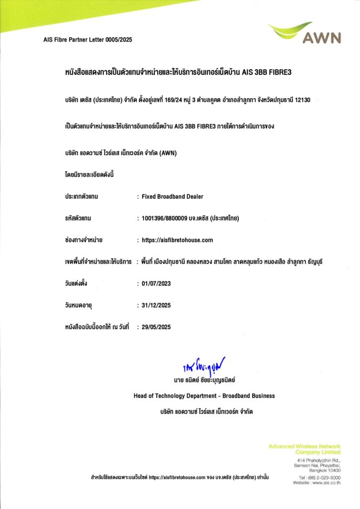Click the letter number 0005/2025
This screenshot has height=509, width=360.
pyautogui.click(x=119, y=40)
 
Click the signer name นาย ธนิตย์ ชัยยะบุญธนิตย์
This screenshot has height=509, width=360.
pyautogui.click(x=204, y=380)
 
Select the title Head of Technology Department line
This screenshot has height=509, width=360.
pyautogui.click(x=204, y=396)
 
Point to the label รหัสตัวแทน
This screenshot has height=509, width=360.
pyautogui.click(x=79, y=218)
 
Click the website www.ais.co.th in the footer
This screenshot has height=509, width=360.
pyautogui.click(x=324, y=483)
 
